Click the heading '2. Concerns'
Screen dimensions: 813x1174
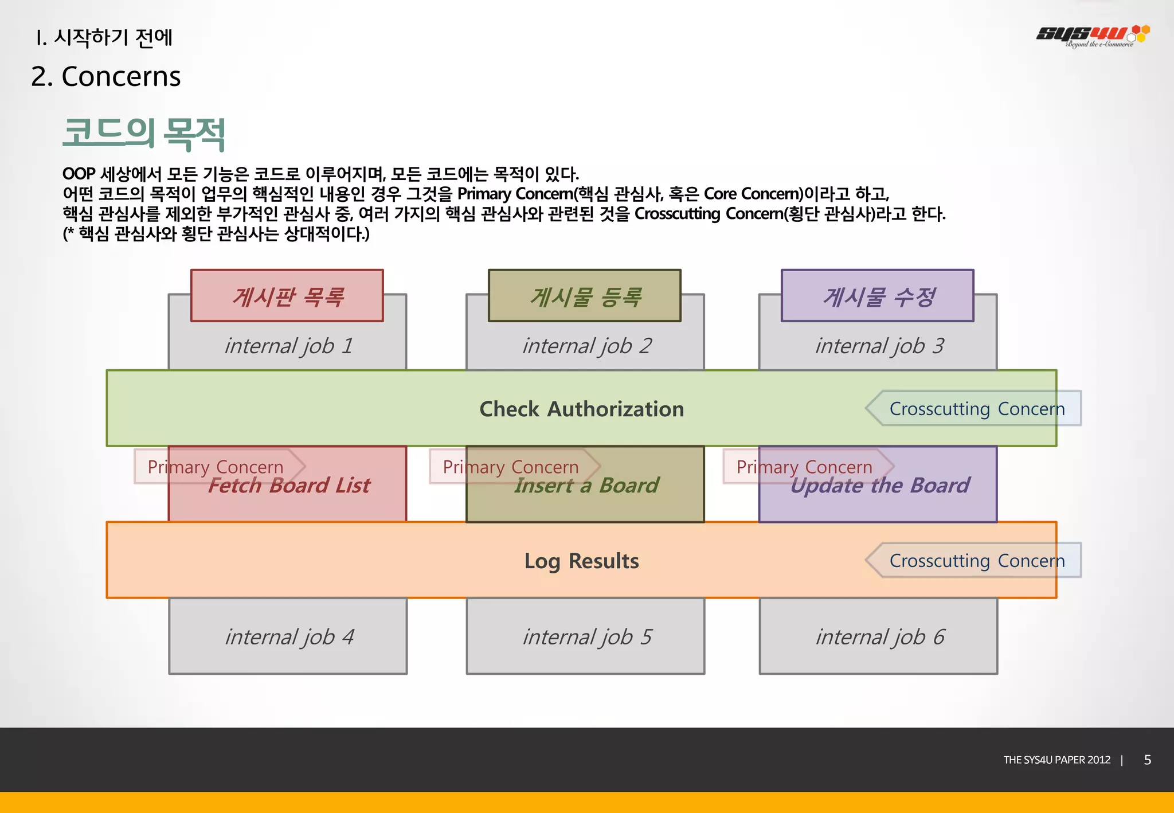click(105, 77)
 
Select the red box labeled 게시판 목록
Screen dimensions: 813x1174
click(287, 296)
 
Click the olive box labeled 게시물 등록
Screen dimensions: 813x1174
click(584, 296)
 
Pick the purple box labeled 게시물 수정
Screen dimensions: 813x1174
click(877, 296)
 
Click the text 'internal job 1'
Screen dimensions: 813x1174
click(288, 346)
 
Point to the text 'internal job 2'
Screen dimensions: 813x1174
click(586, 346)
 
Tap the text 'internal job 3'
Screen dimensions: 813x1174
click(879, 346)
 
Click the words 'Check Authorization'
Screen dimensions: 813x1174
click(581, 409)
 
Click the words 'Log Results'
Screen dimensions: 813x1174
click(581, 561)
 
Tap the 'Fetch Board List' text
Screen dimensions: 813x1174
click(289, 486)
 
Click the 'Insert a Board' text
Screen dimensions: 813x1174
click(586, 486)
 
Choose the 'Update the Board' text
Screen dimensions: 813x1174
click(879, 486)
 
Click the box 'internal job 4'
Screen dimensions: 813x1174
click(288, 636)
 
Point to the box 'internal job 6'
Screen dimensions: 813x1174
click(879, 636)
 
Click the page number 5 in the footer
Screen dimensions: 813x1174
click(1147, 760)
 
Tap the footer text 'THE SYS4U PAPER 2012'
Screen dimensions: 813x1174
click(1056, 760)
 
